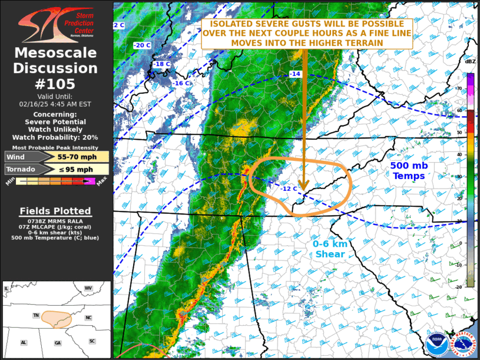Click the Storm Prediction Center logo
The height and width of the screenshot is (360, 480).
click(x=55, y=24)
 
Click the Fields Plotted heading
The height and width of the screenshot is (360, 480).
click(x=55, y=211)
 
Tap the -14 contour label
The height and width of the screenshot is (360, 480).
click(x=294, y=74)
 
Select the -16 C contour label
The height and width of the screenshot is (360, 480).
click(x=181, y=84)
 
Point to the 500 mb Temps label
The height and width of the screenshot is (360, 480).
click(x=409, y=171)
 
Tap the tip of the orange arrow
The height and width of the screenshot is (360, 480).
click(x=303, y=189)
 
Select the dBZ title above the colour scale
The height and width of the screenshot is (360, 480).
click(x=470, y=61)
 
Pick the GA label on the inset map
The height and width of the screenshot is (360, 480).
click(x=57, y=342)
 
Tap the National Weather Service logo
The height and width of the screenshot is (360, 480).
click(x=463, y=343)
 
